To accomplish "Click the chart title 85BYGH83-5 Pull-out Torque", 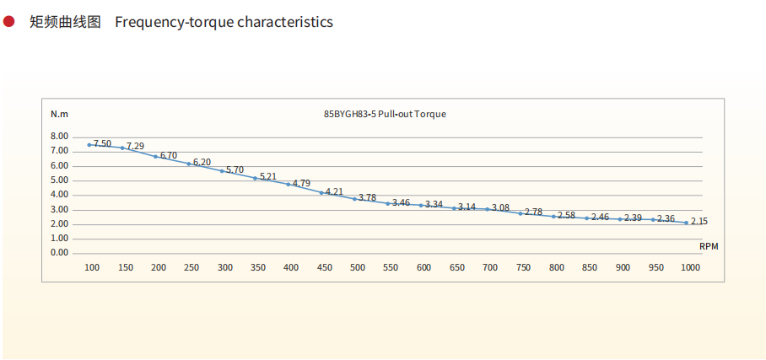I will click(x=385, y=114).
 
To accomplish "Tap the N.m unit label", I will click(x=59, y=114).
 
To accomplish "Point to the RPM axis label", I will click(x=709, y=245).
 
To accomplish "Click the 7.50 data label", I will click(x=102, y=143).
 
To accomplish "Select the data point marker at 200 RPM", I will click(x=155, y=156).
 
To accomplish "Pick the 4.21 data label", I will click(x=335, y=192).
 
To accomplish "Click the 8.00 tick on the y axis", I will click(x=59, y=137).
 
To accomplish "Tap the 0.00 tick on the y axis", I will click(x=59, y=253).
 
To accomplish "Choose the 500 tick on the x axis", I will click(x=358, y=267).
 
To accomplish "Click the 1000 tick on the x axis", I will click(x=690, y=267).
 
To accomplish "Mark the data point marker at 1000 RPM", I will click(x=686, y=223).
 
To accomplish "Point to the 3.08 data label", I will click(x=500, y=207).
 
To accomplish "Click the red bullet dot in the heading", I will click(x=9, y=21).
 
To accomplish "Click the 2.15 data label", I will click(x=699, y=222).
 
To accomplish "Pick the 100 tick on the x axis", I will click(x=92, y=267).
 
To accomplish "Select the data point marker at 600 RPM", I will click(x=421, y=205).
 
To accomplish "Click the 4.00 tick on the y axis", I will click(x=59, y=195).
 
